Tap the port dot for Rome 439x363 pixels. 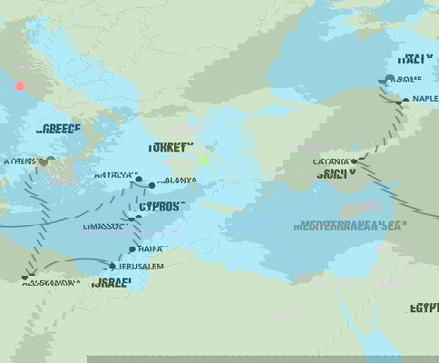click(x=389, y=79)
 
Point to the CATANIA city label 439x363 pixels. click(x=330, y=162)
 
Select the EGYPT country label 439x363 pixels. click(x=423, y=309)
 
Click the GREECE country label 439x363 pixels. click(x=59, y=130)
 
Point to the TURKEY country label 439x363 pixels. click(x=171, y=148)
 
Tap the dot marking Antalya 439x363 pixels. click(x=139, y=179)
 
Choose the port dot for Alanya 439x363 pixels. click(x=151, y=185)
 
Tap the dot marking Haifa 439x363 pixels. click(x=132, y=249)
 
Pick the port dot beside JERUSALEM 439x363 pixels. click(x=113, y=267)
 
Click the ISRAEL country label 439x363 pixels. click(x=112, y=283)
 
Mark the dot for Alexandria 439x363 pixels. click(x=27, y=276)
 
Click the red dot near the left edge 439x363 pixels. click(x=19, y=86)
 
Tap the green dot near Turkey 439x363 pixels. click(x=204, y=161)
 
